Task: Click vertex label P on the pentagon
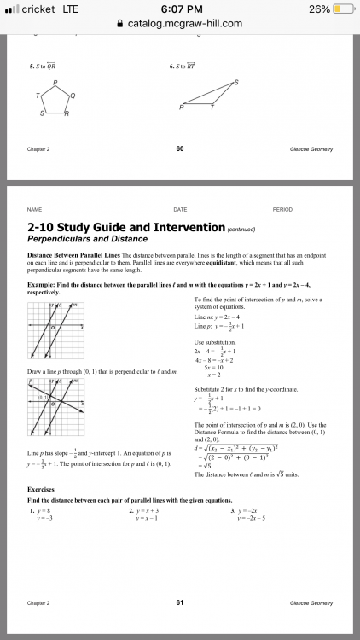[55, 83]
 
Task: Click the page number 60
[180, 148]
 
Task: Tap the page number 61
[180, 602]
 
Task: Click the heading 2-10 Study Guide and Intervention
[124, 229]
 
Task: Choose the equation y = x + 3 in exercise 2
[148, 510]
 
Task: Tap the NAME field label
[34, 209]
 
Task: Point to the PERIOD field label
[282, 209]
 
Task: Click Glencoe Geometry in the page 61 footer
[311, 602]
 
